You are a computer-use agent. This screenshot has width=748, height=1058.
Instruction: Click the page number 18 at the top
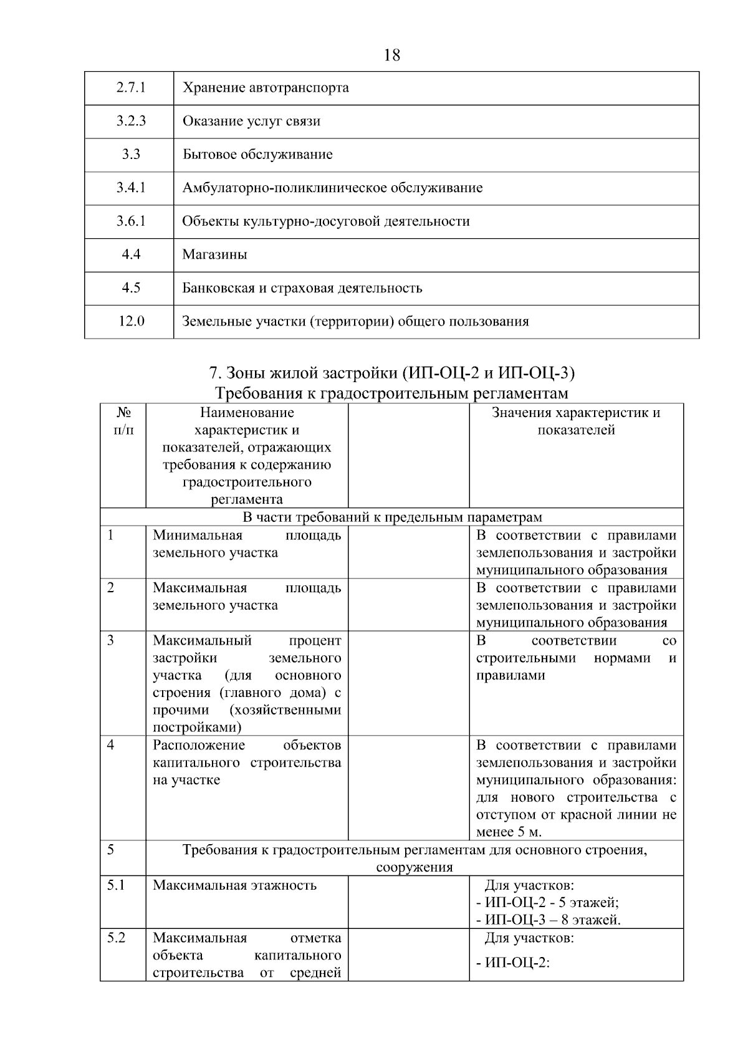[392, 55]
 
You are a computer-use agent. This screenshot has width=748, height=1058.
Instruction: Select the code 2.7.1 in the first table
[131, 87]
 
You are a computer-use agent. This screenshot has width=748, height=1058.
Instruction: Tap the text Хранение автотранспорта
[266, 88]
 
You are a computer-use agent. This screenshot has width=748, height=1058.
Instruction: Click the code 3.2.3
[131, 121]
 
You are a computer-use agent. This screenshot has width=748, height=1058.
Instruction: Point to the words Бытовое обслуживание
[257, 155]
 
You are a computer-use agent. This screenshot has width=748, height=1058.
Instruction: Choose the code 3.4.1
[131, 188]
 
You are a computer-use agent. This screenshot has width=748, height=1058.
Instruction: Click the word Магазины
[214, 255]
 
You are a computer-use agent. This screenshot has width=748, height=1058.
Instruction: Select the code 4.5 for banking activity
[131, 288]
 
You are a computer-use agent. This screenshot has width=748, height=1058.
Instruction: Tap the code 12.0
[131, 322]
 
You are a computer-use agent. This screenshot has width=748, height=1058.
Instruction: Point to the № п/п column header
[123, 421]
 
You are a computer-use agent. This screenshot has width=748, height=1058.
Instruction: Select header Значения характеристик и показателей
[576, 421]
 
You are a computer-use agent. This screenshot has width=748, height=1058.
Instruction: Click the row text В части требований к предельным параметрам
[391, 517]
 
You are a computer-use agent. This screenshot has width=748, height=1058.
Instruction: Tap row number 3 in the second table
[111, 640]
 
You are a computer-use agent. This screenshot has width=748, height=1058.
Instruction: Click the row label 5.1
[116, 885]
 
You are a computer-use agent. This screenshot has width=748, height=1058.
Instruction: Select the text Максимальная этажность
[235, 885]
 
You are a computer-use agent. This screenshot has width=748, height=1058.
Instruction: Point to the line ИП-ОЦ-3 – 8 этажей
[548, 920]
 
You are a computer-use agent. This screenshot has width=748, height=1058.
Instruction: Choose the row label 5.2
[116, 938]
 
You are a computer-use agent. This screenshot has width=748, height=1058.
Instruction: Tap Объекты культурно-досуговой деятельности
[326, 221]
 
